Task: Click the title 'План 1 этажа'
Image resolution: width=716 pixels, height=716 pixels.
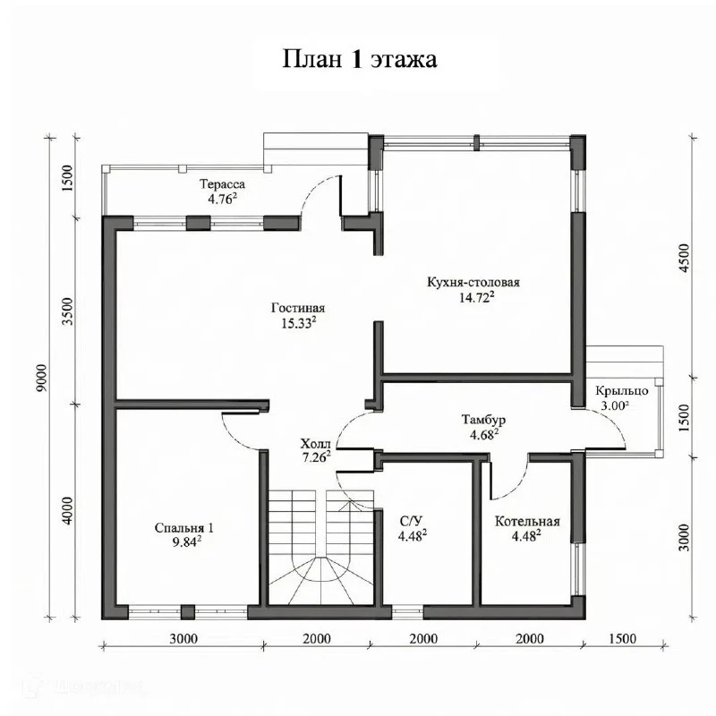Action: pyautogui.click(x=360, y=59)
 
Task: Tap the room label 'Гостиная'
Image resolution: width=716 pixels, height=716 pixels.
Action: pyautogui.click(x=298, y=308)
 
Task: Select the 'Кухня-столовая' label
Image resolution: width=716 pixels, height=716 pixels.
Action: pyautogui.click(x=473, y=282)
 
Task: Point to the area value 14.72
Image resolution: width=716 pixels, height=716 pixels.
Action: pyautogui.click(x=477, y=298)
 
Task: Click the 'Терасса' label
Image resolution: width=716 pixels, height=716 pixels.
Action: pyautogui.click(x=222, y=184)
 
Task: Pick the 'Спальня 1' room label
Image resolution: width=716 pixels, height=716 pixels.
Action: pyautogui.click(x=183, y=528)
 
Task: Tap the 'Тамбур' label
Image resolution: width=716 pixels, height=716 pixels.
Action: pyautogui.click(x=483, y=419)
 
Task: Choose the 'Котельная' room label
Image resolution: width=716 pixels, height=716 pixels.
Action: pyautogui.click(x=527, y=522)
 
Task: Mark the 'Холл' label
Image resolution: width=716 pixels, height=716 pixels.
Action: pyautogui.click(x=315, y=443)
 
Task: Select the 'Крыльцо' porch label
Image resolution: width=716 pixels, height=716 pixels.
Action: pyautogui.click(x=621, y=391)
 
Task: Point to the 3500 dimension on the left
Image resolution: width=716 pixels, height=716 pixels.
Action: pyautogui.click(x=68, y=311)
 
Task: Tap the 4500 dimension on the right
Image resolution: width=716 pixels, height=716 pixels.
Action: pyautogui.click(x=684, y=258)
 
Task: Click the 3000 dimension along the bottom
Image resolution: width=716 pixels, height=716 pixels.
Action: pyautogui.click(x=183, y=638)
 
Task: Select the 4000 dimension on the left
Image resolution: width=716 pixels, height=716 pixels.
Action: pyautogui.click(x=68, y=510)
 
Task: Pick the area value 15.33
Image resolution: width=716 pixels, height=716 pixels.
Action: pyautogui.click(x=299, y=323)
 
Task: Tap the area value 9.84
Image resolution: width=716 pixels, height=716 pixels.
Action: pyautogui.click(x=186, y=542)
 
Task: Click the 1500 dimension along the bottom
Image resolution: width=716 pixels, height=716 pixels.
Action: pyautogui.click(x=622, y=638)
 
